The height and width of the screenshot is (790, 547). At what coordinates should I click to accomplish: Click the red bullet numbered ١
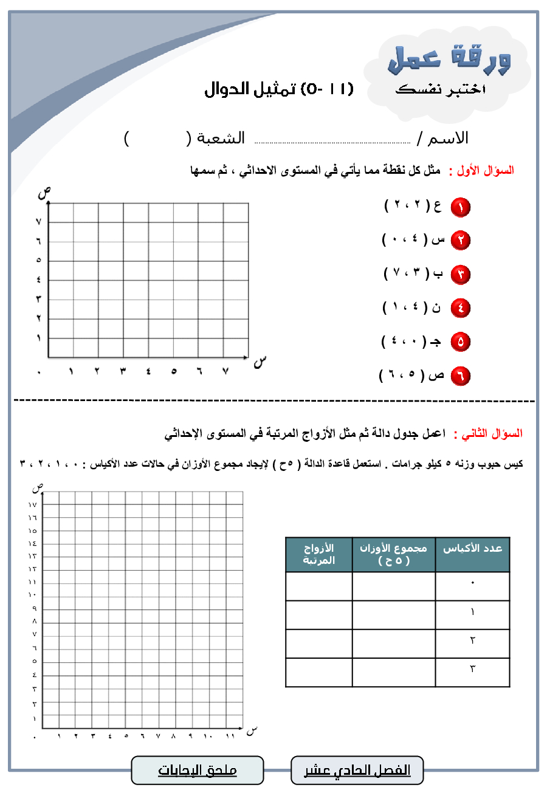[460, 207]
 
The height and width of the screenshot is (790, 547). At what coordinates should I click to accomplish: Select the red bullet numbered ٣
[460, 275]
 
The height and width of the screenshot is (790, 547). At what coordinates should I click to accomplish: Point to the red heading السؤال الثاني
[492, 434]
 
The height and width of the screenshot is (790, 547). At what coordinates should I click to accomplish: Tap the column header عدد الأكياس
[472, 549]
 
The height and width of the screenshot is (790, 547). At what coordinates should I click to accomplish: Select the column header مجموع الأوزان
[393, 554]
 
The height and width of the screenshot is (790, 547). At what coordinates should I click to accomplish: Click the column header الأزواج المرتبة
[319, 554]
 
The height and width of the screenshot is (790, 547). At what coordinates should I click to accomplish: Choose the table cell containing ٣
[472, 669]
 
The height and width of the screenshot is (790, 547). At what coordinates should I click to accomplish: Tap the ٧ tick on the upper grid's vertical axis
[38, 222]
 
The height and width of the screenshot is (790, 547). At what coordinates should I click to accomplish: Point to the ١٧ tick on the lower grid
[32, 504]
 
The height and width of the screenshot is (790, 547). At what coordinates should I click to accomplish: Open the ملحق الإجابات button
[198, 771]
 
